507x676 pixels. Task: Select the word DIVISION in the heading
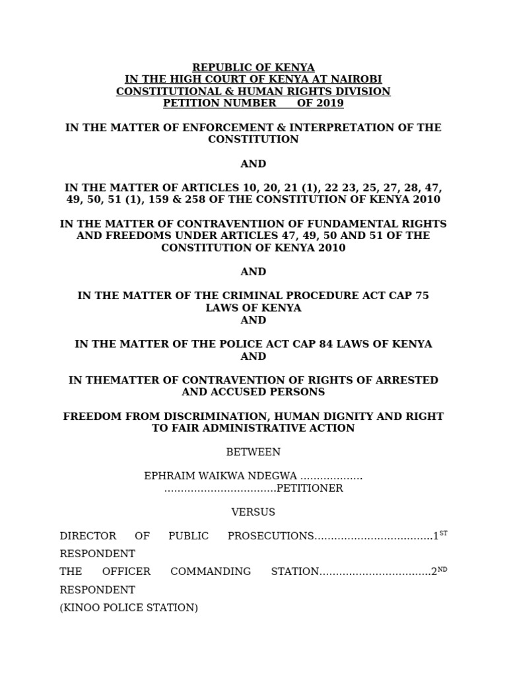coord(365,91)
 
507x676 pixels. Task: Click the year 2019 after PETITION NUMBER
coord(330,103)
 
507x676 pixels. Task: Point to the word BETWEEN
coord(253,452)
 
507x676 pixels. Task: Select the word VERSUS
coord(253,512)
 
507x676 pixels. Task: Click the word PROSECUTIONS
coord(270,536)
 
